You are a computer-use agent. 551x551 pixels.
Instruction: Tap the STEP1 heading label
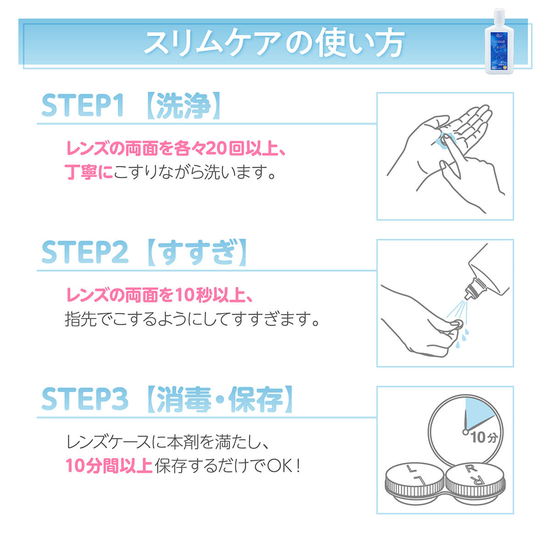(83, 106)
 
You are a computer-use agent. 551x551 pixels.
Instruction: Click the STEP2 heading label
(84, 253)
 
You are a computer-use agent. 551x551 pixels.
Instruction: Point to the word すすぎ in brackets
(197, 253)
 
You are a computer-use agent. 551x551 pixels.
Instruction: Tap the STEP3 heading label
(84, 399)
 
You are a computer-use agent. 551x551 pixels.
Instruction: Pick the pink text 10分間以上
(109, 466)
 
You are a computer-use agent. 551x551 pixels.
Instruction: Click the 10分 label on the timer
(484, 438)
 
